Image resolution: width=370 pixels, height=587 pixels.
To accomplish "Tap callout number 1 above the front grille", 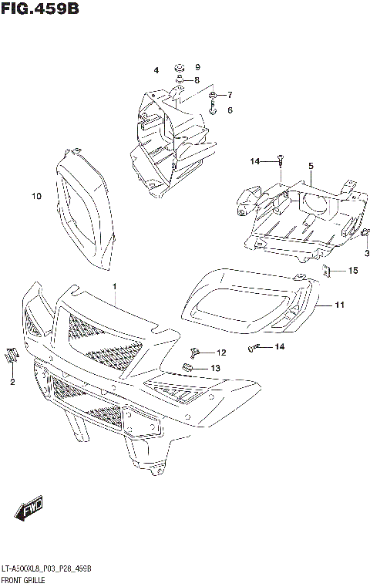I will tap(114, 287).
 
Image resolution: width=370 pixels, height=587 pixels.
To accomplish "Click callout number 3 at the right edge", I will tap(156, 70).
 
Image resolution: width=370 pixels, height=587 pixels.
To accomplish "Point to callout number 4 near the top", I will tap(311, 166).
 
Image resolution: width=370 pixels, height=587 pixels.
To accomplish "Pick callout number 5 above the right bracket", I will tap(229, 110).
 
